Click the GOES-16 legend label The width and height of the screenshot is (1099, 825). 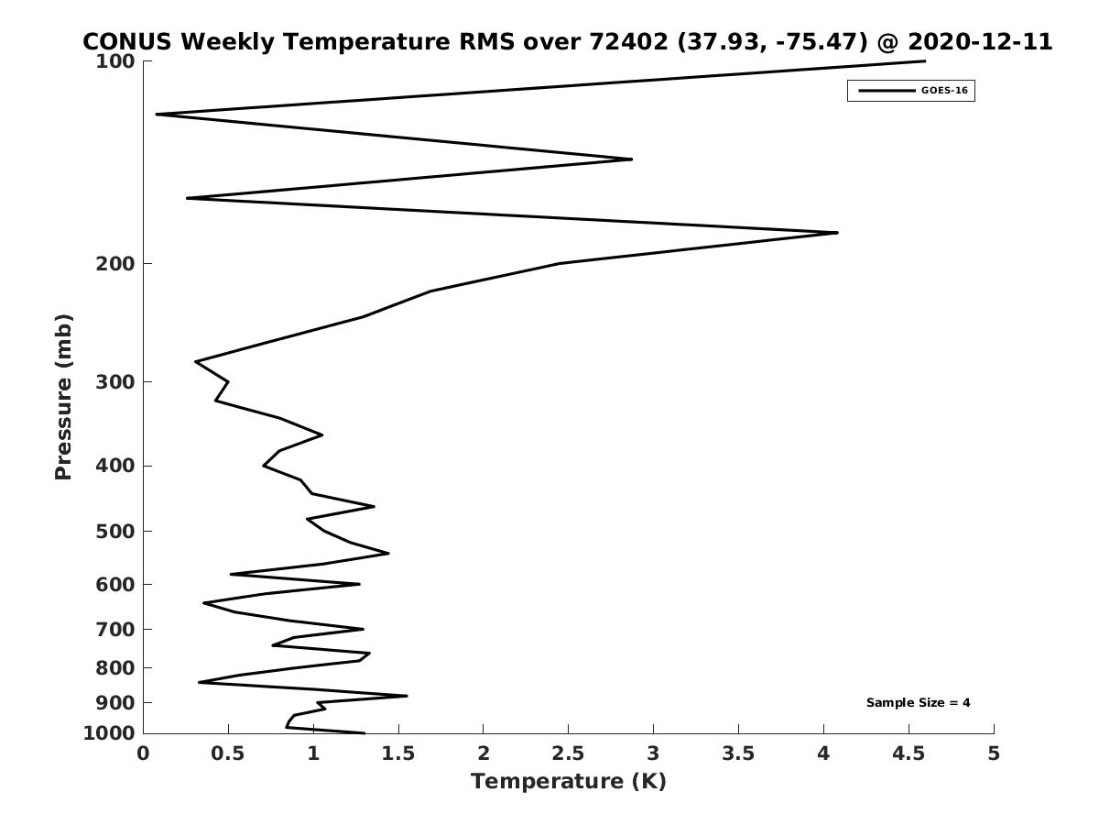pos(944,91)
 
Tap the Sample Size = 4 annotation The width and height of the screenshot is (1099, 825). pos(919,703)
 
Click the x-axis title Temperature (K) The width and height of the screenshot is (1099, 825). pos(569,781)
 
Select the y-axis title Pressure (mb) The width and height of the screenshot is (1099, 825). pos(63,397)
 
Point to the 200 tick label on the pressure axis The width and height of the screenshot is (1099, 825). pos(115,263)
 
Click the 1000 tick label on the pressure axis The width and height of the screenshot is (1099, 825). pos(109,733)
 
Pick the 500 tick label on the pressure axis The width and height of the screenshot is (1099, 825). pos(115,531)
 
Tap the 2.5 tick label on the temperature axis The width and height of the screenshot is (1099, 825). pos(568,753)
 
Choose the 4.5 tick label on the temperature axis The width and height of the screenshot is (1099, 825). pos(909,753)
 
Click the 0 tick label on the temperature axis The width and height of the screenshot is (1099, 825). pos(143,753)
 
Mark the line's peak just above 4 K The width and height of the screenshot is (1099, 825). pos(837,233)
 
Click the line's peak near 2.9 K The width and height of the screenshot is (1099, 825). pos(631,159)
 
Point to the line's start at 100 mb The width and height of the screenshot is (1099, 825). pos(925,61)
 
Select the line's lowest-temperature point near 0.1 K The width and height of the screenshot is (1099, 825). pos(157,115)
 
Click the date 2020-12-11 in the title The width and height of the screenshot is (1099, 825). pos(980,41)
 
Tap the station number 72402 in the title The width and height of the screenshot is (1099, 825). pos(628,41)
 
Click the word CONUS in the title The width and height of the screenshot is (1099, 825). pos(127,41)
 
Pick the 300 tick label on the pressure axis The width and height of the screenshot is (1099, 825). pos(115,382)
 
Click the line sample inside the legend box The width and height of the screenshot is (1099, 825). pos(887,91)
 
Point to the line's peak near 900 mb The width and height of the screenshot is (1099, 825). pos(407,696)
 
